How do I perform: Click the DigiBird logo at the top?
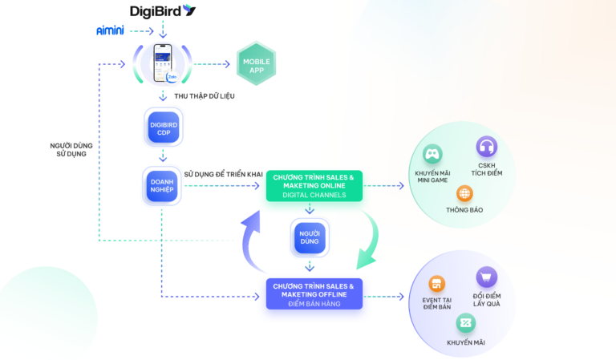(x=163, y=10)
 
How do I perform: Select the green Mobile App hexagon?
(x=256, y=63)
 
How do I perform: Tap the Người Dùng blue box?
(x=310, y=237)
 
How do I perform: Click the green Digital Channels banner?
(x=314, y=185)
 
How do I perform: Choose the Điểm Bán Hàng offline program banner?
(x=314, y=293)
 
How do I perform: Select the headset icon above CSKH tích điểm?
(x=486, y=147)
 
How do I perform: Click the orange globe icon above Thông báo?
(x=464, y=193)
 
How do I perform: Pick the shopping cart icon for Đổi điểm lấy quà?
(x=486, y=277)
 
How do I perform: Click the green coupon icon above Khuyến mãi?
(x=466, y=322)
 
